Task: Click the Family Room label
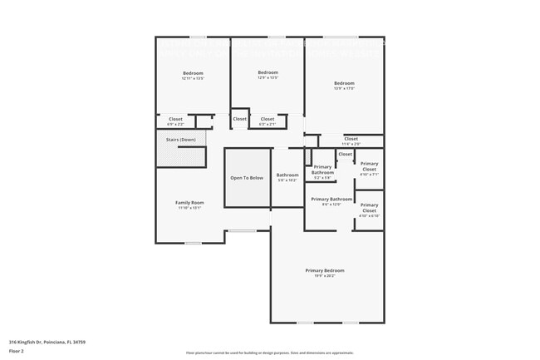tap(189, 203)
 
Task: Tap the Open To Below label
tap(247, 178)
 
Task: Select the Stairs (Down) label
tap(181, 140)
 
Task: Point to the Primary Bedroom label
tap(324, 271)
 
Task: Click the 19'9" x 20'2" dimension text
tap(324, 276)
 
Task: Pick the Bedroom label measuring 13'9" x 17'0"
tap(344, 82)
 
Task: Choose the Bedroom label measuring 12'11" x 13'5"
tap(193, 73)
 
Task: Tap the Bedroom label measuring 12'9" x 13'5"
tap(268, 72)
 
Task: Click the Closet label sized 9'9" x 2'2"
tap(175, 119)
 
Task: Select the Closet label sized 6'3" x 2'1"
tap(267, 119)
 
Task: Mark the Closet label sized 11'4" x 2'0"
tap(351, 139)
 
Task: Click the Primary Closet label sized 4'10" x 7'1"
tap(369, 166)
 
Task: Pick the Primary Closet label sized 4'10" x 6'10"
tap(369, 207)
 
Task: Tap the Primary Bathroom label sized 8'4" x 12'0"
tap(331, 199)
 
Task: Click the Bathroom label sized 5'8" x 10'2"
tap(287, 175)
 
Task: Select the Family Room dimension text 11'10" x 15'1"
tap(189, 208)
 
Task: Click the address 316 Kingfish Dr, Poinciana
tap(47, 342)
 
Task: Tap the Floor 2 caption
tap(16, 351)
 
